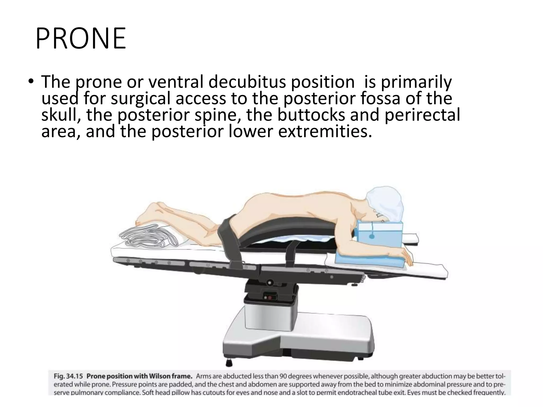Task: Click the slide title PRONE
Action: [x=81, y=39]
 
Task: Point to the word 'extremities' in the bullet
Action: [x=323, y=132]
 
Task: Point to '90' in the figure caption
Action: [x=284, y=376]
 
